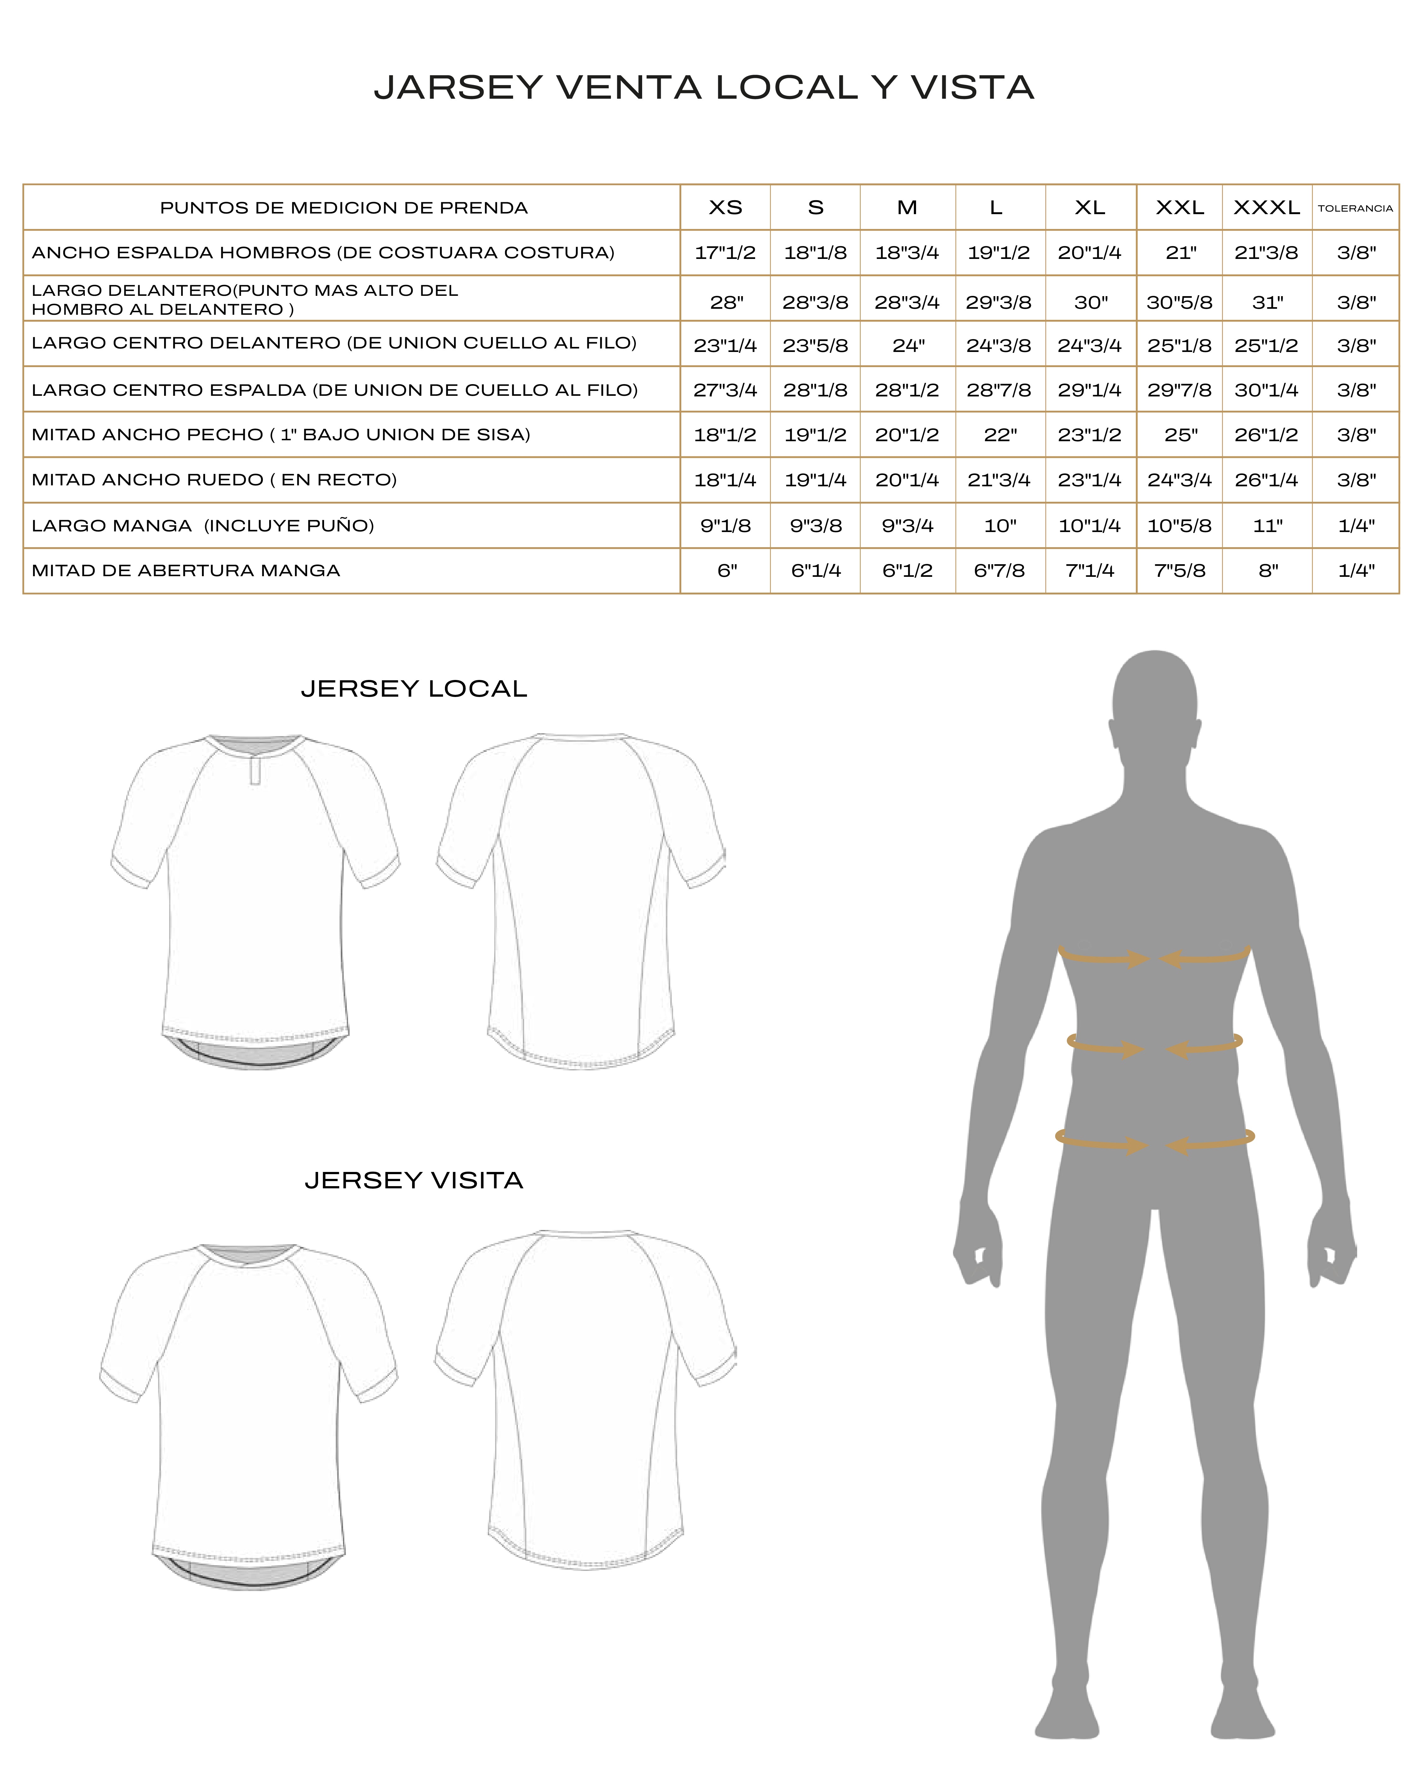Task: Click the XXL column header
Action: [x=1180, y=207]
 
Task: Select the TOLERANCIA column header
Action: [x=1355, y=208]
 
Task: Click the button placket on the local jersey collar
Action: [x=255, y=773]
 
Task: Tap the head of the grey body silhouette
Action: [x=1154, y=700]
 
